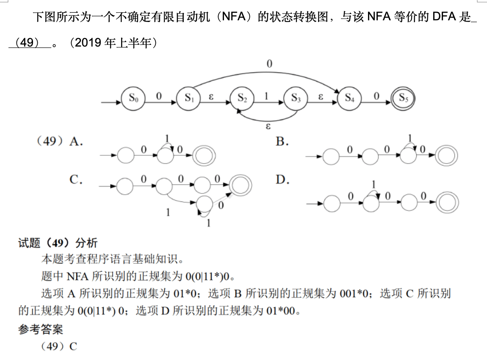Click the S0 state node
click(133, 98)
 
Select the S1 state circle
click(188, 98)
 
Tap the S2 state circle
click(242, 98)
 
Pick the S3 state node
click(296, 98)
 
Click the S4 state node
click(349, 98)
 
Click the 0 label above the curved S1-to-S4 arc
click(269, 63)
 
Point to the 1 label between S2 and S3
click(266, 96)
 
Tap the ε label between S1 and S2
click(211, 96)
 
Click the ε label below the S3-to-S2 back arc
click(268, 126)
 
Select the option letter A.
click(76, 142)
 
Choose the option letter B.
click(282, 142)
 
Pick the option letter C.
click(76, 180)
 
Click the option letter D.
click(282, 180)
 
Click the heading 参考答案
click(41, 329)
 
